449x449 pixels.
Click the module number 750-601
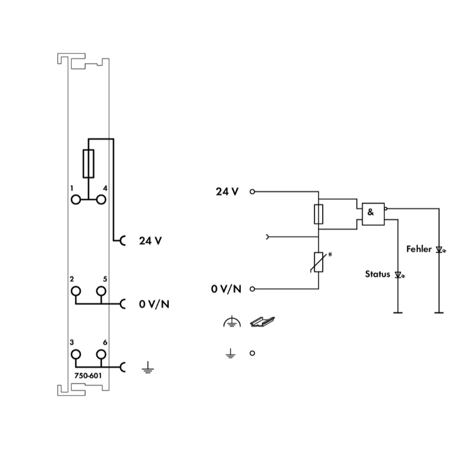click(x=88, y=376)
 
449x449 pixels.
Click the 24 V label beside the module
click(x=150, y=241)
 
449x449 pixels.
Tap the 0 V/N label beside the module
click(x=154, y=304)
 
